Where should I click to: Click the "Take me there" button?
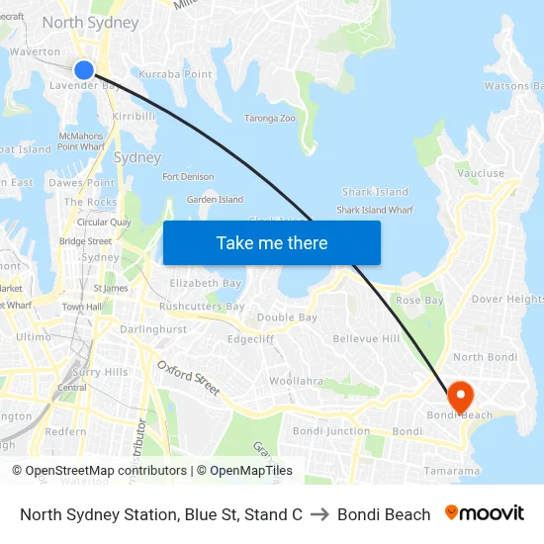pos(272,242)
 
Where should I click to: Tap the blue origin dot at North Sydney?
pos(84,69)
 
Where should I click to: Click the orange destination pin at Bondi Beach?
pos(459,396)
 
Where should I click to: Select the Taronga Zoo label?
pos(270,119)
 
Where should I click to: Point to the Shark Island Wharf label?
pos(375,210)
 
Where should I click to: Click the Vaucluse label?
pos(481,173)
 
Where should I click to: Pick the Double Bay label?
pos(287,317)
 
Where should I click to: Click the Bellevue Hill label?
pos(366,339)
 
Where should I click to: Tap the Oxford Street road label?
pos(188,378)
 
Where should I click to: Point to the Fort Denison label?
pos(188,177)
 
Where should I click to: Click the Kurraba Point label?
pos(175,74)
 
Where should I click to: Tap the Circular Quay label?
pos(104,223)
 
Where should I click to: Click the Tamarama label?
pos(451,471)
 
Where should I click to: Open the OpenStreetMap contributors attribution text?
pos(102,471)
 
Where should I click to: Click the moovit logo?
pos(485,513)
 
